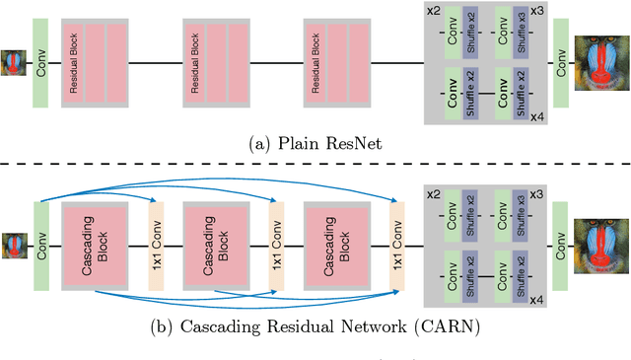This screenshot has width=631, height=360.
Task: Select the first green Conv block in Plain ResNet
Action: [41, 63]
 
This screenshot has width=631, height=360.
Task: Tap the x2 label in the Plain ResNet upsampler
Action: [433, 11]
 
